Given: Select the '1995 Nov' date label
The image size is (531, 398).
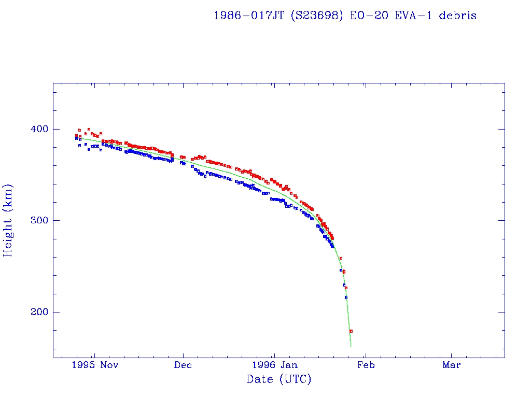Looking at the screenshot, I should pyautogui.click(x=95, y=365).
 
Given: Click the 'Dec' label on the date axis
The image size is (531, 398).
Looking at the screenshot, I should pyautogui.click(x=183, y=365).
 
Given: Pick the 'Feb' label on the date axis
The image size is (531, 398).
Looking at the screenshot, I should pyautogui.click(x=366, y=365).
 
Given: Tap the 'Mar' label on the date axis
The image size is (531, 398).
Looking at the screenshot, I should pyautogui.click(x=452, y=365).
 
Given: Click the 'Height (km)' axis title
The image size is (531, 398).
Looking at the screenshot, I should pyautogui.click(x=8, y=220).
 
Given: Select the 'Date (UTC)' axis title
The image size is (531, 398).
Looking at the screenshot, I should pyautogui.click(x=279, y=380).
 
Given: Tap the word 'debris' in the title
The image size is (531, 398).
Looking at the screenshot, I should pyautogui.click(x=458, y=16).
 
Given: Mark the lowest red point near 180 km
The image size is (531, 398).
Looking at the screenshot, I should pyautogui.click(x=351, y=331).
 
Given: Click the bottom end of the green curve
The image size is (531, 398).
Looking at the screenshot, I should pyautogui.click(x=351, y=346).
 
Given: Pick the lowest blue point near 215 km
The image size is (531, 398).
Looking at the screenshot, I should pyautogui.click(x=346, y=297).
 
